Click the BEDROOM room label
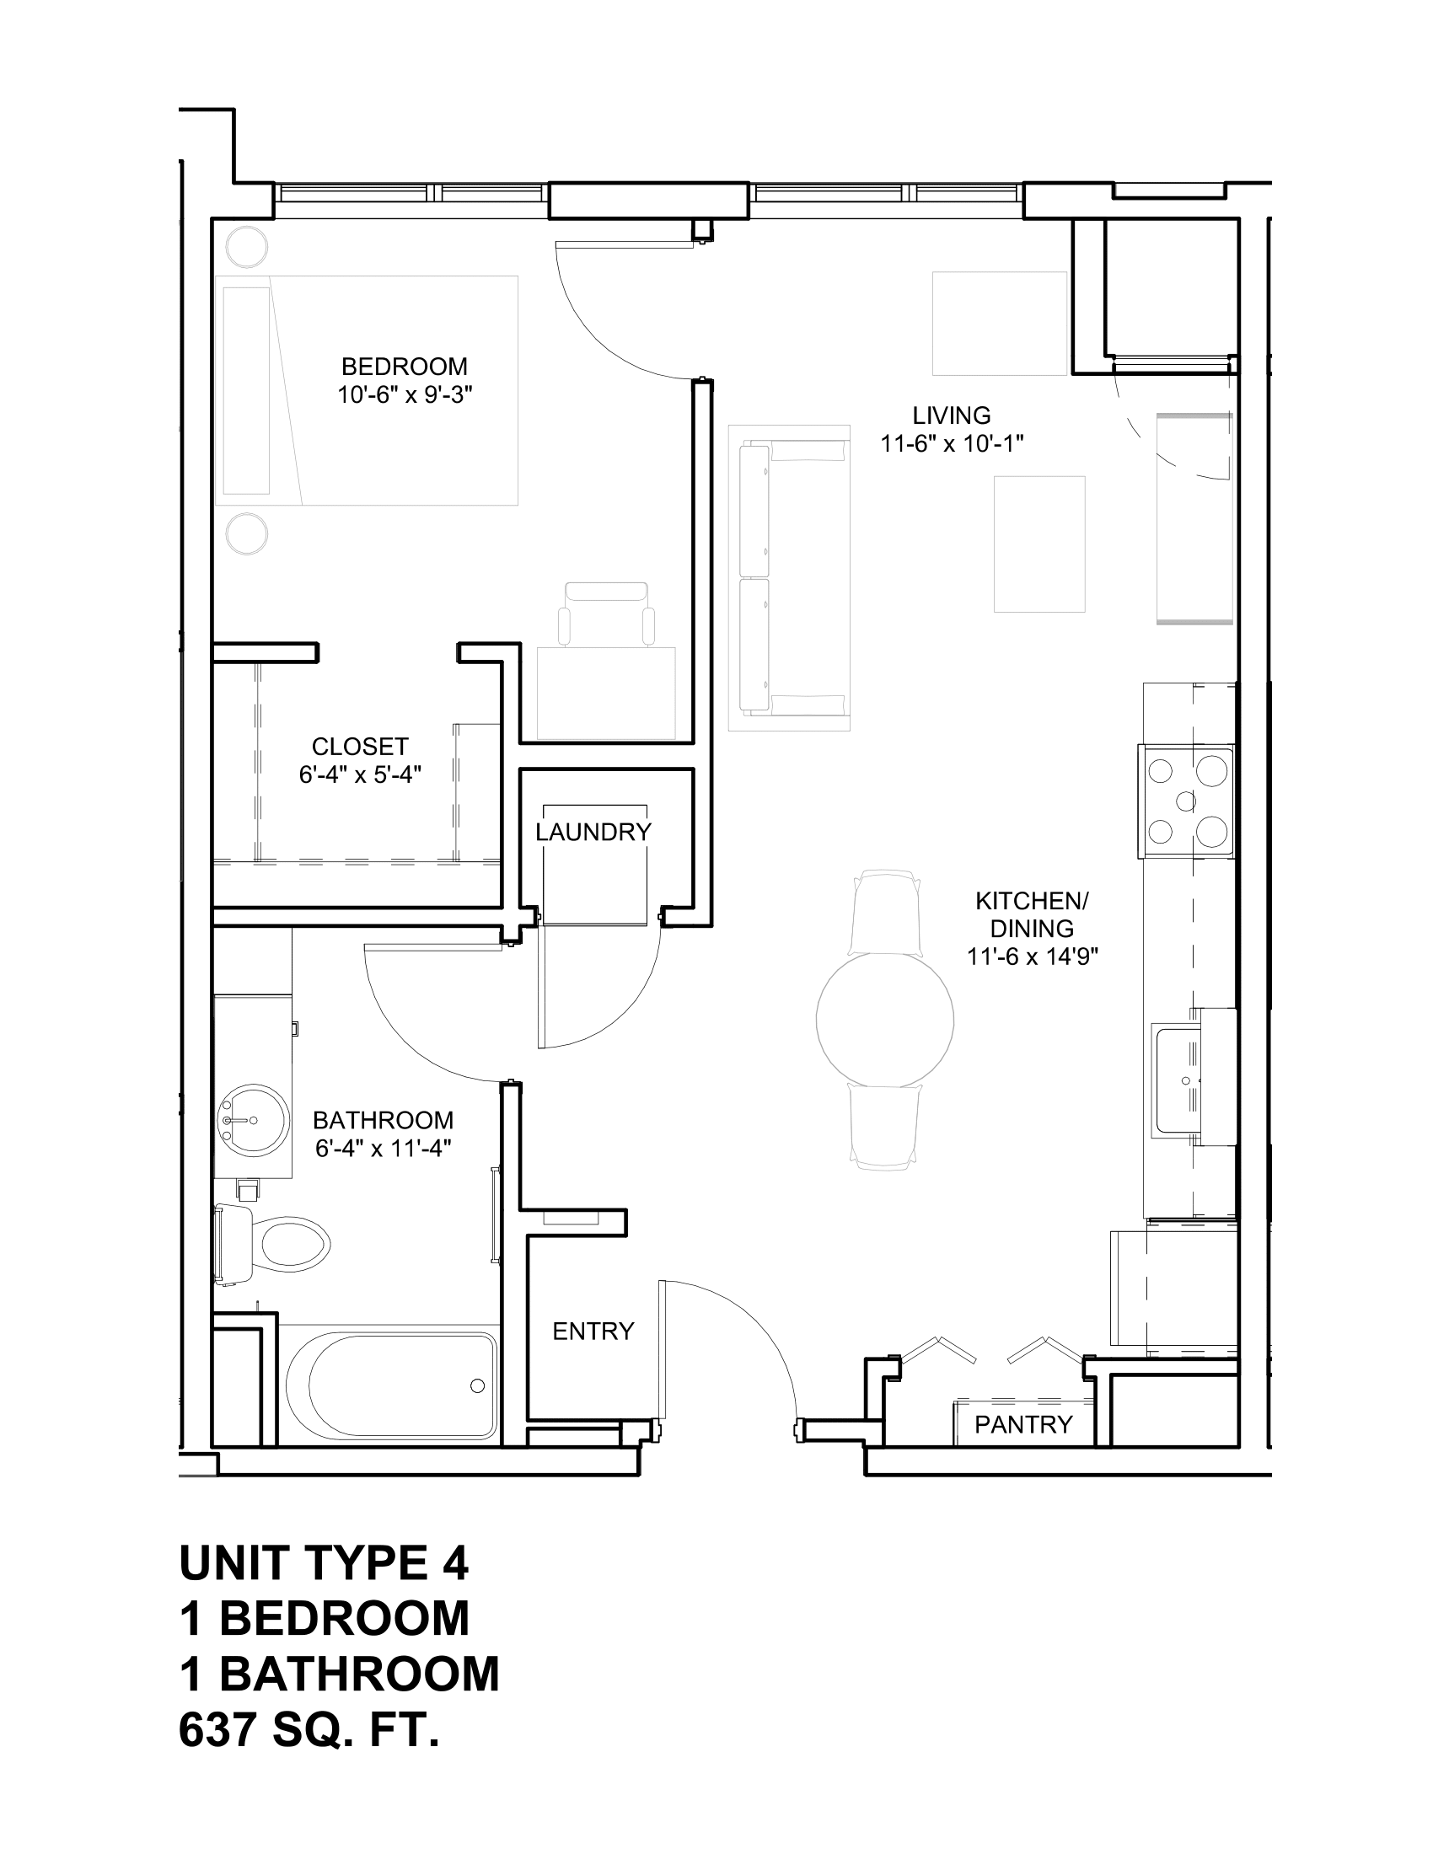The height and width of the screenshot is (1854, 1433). coord(404,367)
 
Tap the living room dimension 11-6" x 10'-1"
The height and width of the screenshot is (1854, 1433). coord(952,443)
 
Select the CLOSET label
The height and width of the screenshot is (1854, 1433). coord(360,746)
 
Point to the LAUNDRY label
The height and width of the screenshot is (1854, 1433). coord(593,832)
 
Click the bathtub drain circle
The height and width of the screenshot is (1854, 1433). coord(477,1386)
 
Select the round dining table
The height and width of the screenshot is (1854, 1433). coord(884,1019)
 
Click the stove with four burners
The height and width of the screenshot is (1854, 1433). coord(1187,801)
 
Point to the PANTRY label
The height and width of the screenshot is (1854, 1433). coord(1023,1424)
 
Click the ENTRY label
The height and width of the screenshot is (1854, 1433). coord(593,1331)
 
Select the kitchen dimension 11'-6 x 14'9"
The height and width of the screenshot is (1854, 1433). coord(1033,956)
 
